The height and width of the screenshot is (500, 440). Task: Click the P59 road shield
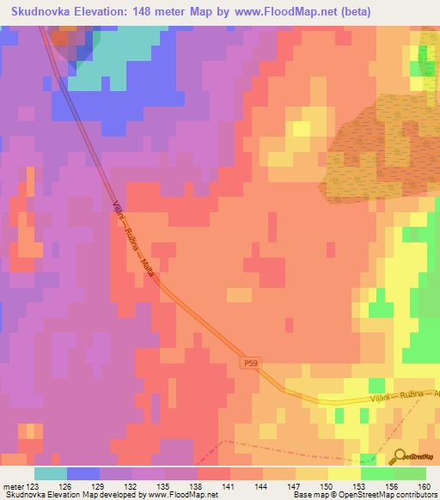point(249,364)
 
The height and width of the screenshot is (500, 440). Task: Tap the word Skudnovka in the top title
point(40,11)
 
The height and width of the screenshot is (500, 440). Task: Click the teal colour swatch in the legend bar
point(51,473)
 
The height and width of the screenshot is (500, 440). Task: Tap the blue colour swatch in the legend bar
point(83,473)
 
